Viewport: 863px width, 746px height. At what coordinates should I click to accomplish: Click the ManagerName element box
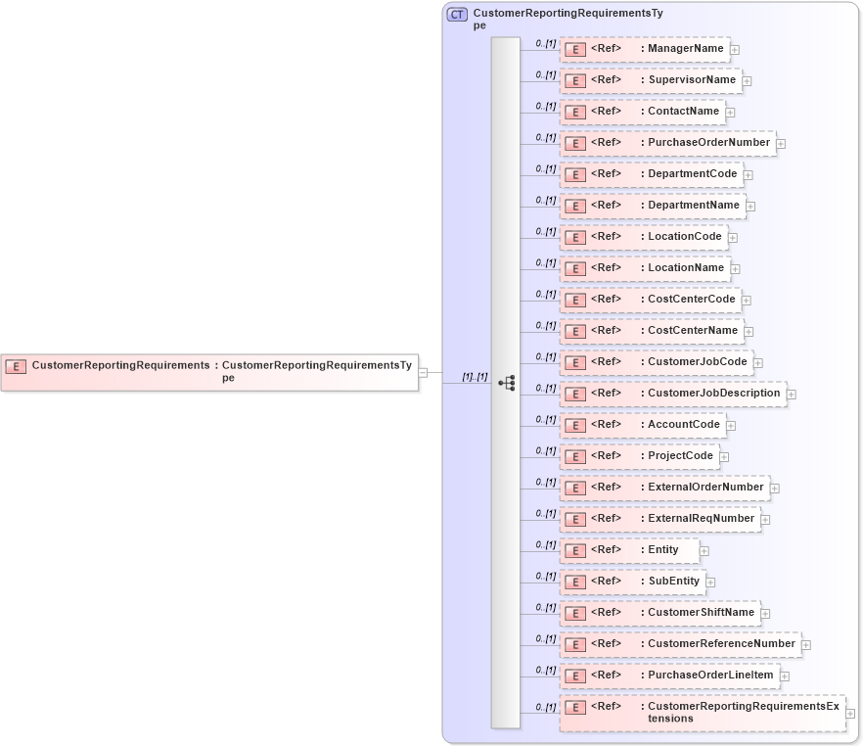645,49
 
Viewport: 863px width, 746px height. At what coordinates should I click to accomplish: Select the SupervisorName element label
691,80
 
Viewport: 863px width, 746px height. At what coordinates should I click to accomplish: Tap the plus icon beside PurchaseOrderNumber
781,144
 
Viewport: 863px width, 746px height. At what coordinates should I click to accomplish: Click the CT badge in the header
457,15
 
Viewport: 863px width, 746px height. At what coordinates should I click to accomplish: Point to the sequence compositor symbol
506,383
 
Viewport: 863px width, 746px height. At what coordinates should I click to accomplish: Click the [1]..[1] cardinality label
475,377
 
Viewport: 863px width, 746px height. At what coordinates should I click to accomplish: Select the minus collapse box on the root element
423,372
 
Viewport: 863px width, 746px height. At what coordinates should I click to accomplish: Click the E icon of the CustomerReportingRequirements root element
16,366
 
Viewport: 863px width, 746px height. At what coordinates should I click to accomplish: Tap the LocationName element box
645,268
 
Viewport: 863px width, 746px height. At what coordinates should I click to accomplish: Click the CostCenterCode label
691,300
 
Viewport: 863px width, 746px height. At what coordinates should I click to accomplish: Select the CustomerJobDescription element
672,394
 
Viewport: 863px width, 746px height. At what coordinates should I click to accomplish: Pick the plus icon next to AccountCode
731,426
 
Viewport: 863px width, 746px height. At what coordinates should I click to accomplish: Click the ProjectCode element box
639,456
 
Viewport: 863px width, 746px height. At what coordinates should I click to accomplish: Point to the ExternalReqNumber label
701,519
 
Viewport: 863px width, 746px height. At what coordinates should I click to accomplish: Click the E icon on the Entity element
576,551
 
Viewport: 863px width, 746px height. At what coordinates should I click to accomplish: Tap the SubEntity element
632,582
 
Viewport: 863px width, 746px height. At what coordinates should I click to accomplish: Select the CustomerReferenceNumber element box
680,644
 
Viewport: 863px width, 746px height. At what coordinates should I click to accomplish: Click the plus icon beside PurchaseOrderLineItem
785,676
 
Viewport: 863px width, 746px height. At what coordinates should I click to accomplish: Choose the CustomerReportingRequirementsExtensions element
702,713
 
